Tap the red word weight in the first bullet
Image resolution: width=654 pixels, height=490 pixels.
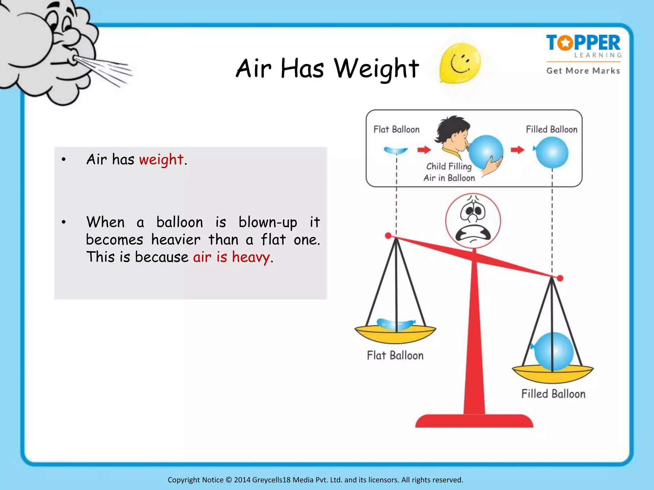coord(161,160)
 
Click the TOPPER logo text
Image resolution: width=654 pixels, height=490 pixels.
coord(583,43)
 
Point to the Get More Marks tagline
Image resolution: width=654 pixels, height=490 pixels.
coord(583,71)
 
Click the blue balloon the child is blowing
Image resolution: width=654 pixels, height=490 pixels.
coord(486,151)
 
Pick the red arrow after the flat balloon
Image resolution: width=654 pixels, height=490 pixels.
coord(424,150)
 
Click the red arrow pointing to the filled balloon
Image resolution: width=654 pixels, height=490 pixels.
coord(517,150)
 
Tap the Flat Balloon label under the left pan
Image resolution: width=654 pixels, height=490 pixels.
coord(395,355)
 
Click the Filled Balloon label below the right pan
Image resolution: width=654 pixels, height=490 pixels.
coord(553,394)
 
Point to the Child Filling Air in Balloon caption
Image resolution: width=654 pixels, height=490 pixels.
coord(449,172)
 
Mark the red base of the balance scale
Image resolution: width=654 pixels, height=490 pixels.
coord(474,421)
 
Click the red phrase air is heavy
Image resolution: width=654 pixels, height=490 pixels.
coord(231,257)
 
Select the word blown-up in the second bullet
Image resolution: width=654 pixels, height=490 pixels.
coord(268,222)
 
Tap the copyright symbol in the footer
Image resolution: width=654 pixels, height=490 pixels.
coord(229,480)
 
